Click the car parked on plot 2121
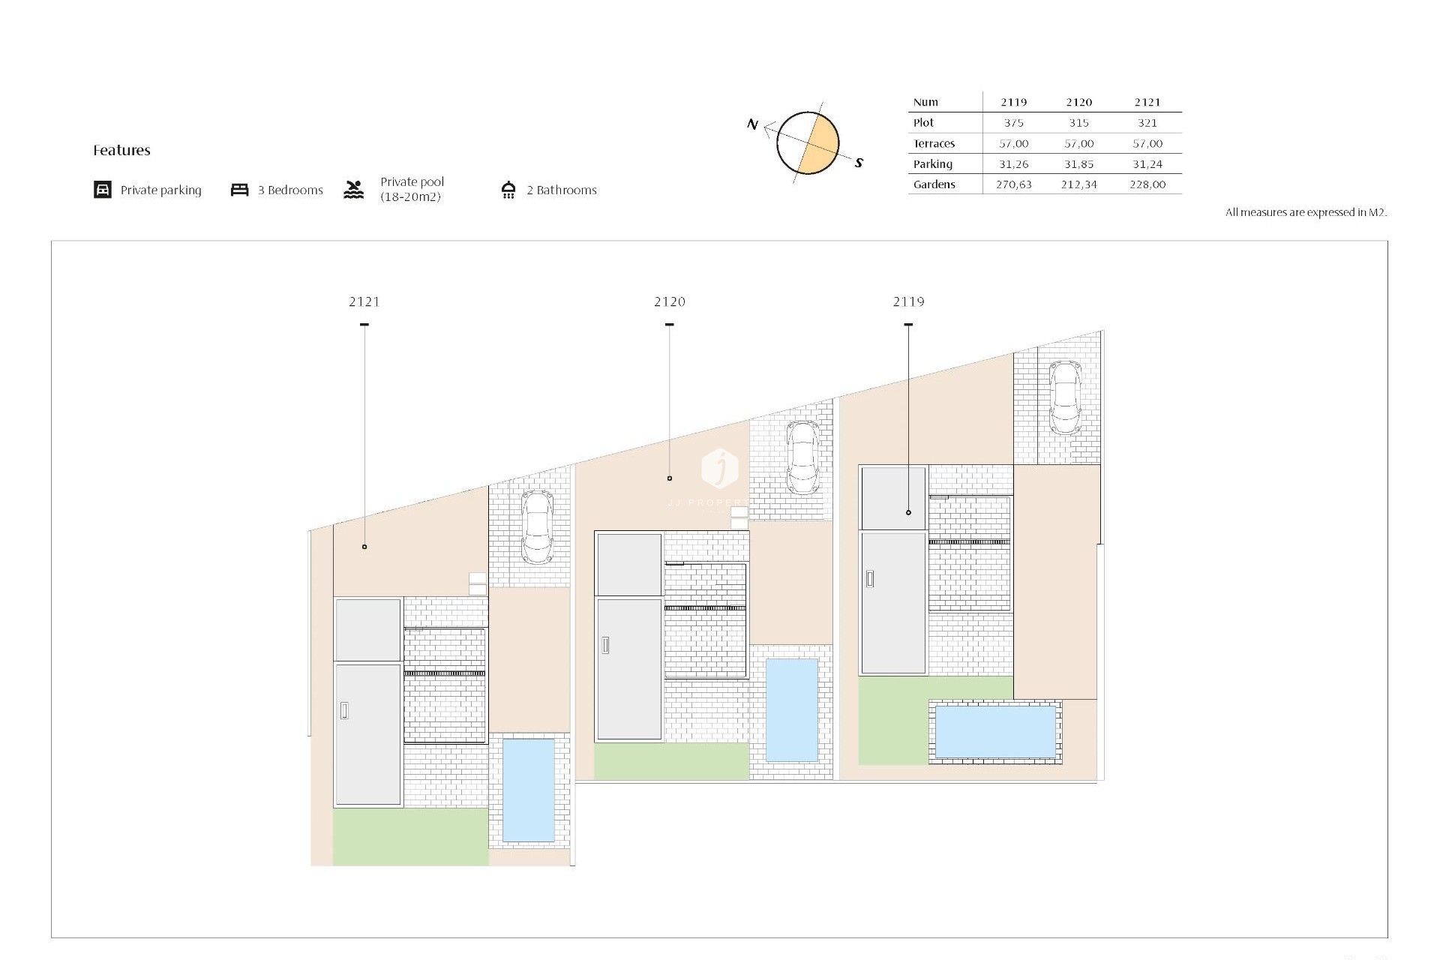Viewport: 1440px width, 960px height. click(537, 526)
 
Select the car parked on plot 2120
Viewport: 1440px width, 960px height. click(802, 457)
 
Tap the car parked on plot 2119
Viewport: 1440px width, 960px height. click(1065, 397)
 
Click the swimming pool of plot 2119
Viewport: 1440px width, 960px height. click(995, 731)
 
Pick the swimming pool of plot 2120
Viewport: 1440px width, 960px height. click(791, 709)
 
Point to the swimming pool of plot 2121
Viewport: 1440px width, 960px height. click(528, 790)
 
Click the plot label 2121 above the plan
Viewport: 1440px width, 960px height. click(364, 301)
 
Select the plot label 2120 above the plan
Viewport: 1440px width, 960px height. click(670, 301)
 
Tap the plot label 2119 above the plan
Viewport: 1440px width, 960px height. click(908, 301)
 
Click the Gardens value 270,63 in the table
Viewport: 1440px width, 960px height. click(1013, 184)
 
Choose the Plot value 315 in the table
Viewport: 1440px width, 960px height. click(1078, 123)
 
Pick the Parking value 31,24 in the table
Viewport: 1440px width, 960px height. click(1147, 164)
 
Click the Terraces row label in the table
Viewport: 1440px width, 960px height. click(934, 144)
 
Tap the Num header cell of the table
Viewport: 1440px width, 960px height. click(925, 102)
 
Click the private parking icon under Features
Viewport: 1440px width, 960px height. click(103, 190)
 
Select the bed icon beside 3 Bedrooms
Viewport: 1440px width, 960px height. click(239, 190)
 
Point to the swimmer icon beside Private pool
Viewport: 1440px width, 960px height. click(354, 190)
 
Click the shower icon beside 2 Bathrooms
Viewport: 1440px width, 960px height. click(508, 190)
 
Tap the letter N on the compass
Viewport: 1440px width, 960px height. click(752, 124)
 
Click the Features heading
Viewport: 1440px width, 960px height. click(121, 150)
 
